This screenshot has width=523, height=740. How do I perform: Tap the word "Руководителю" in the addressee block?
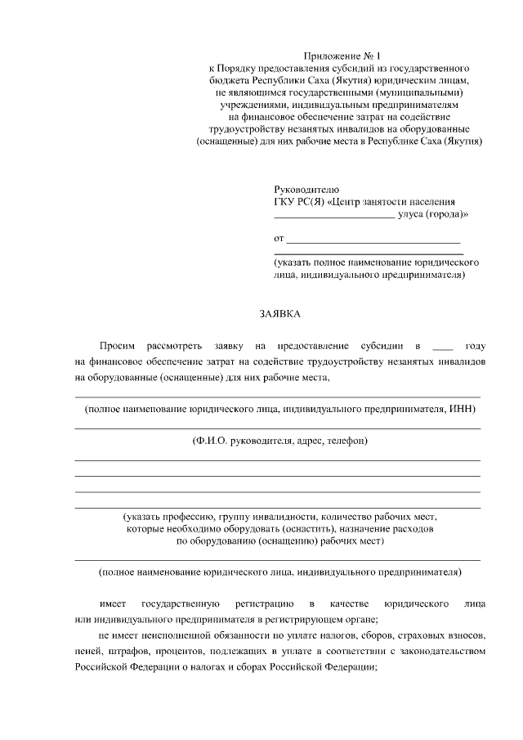click(304, 190)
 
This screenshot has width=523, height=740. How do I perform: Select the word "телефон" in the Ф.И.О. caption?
click(347, 441)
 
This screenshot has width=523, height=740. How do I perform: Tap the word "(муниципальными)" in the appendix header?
click(434, 93)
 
